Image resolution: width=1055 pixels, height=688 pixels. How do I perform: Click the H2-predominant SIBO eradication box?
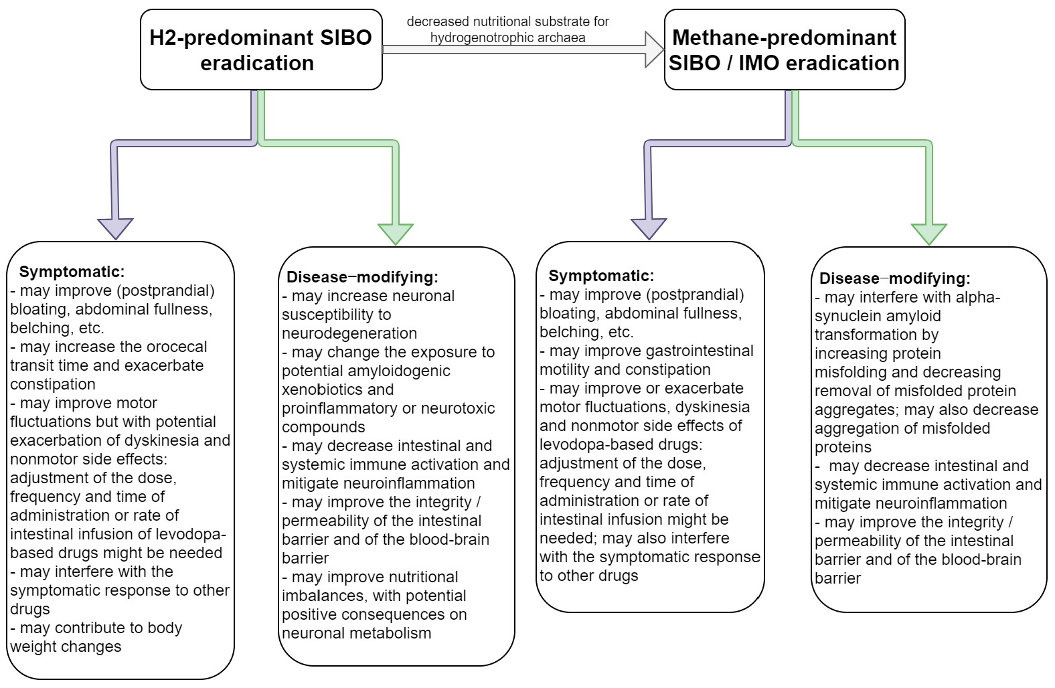[x=261, y=50]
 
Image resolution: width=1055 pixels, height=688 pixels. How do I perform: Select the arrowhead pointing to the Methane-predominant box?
[x=653, y=50]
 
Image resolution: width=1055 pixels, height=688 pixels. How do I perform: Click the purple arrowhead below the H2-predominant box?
[x=115, y=228]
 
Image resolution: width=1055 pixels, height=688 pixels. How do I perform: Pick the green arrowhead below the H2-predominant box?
[x=395, y=233]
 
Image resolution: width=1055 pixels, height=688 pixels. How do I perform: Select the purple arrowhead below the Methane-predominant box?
[x=649, y=228]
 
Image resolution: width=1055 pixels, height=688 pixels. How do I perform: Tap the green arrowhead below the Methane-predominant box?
[x=929, y=233]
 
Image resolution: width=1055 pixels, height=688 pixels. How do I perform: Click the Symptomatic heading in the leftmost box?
[x=72, y=272]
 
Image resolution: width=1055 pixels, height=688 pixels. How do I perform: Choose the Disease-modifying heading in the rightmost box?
[x=894, y=278]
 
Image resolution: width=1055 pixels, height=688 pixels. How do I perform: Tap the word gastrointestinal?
[x=700, y=351]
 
